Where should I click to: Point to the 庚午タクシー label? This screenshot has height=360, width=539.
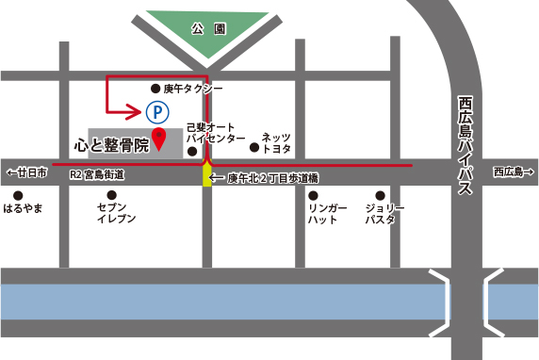click(193, 88)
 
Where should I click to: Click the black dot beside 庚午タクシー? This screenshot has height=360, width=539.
click(155, 88)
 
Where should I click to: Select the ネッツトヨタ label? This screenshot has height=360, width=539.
click(276, 142)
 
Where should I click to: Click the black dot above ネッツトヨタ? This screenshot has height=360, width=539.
click(253, 147)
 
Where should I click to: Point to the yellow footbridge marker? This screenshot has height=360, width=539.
click(207, 175)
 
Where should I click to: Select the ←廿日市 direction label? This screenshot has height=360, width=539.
click(26, 172)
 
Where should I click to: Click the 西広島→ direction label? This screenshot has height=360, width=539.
click(513, 172)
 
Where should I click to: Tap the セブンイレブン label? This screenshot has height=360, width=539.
click(116, 212)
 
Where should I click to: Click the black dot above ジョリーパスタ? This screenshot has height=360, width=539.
click(381, 195)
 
